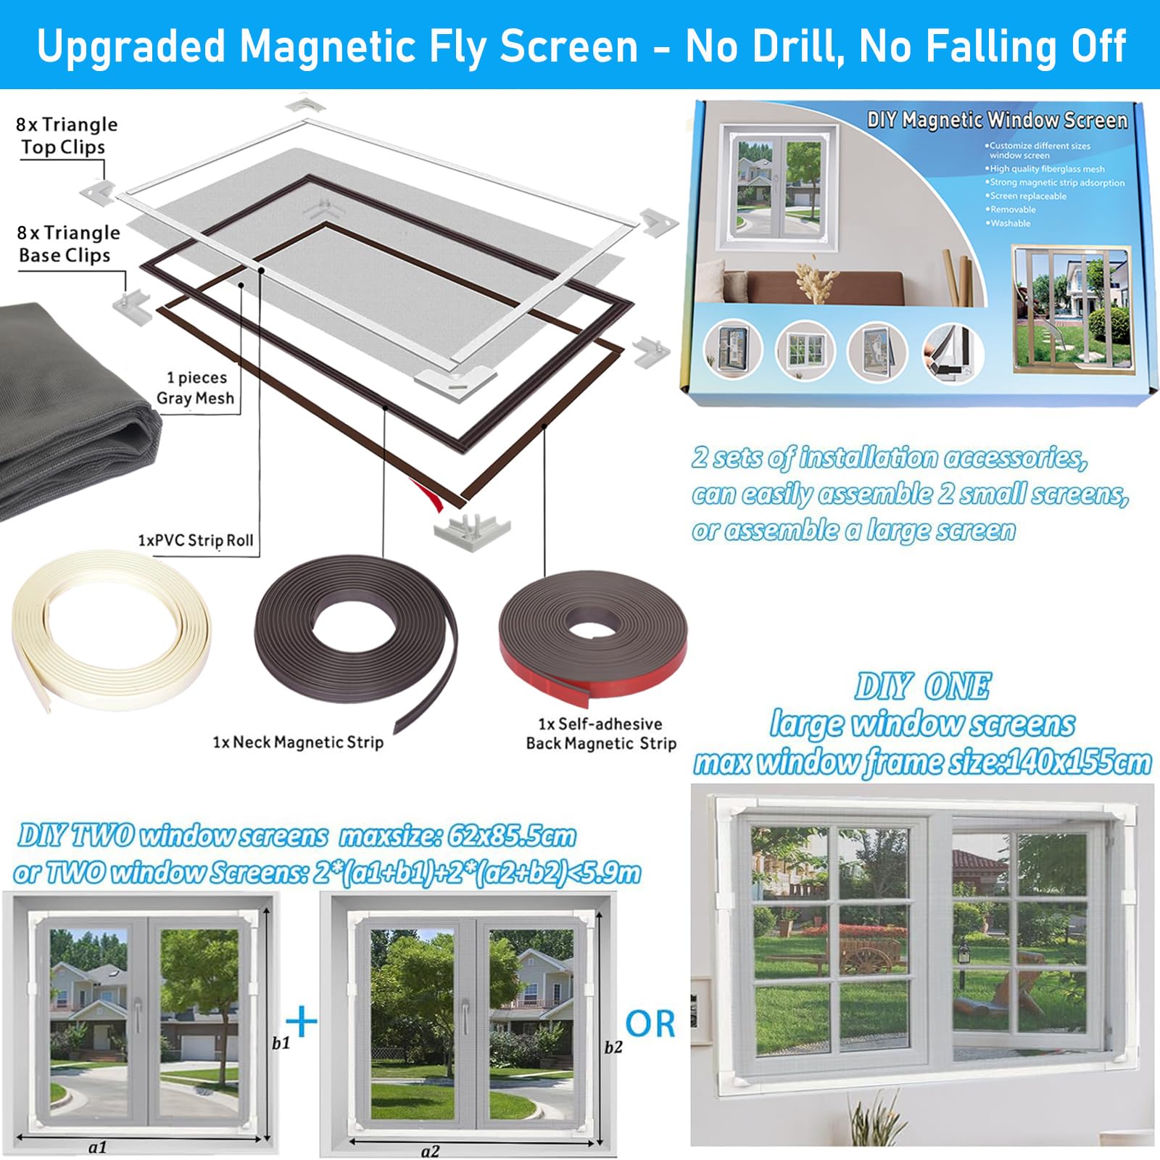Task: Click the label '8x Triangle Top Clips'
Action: (x=67, y=136)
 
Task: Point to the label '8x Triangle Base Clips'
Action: (x=69, y=244)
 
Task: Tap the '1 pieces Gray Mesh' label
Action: (x=196, y=388)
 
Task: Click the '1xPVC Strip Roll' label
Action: (x=196, y=541)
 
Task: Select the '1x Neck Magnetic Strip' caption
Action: (x=298, y=742)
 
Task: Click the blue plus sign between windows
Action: (x=302, y=1022)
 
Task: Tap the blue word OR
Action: (x=650, y=1024)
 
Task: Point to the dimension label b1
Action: (x=281, y=1043)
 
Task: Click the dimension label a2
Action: (x=430, y=1151)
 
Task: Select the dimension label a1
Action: (x=98, y=1147)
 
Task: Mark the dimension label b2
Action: (x=613, y=1047)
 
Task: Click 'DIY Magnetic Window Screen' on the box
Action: (x=997, y=120)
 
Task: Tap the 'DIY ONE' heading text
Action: (x=922, y=686)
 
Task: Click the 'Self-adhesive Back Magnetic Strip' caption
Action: (x=601, y=734)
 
